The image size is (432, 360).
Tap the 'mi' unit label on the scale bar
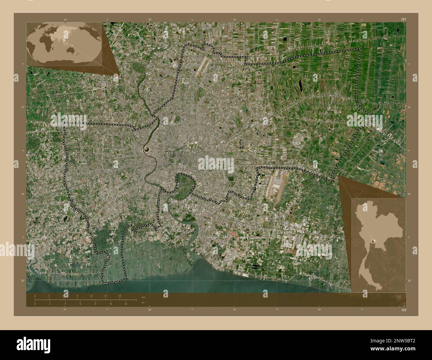pyautogui.click(x=143, y=303)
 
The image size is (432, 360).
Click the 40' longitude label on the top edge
pyautogui.click(x=235, y=20)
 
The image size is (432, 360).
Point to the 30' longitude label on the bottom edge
pyautogui.click(x=150, y=310)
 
